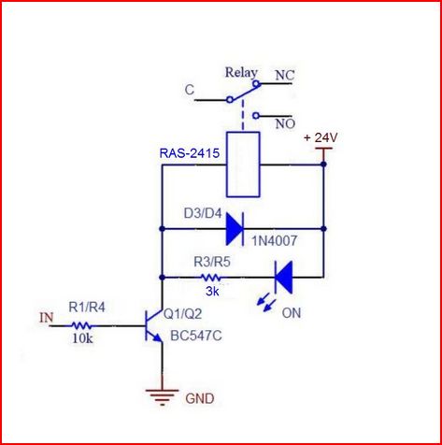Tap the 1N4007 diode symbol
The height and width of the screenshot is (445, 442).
(x=235, y=229)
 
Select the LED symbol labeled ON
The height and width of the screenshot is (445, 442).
(x=283, y=278)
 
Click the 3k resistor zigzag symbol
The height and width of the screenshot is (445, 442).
(x=211, y=277)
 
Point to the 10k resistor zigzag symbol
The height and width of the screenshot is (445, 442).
(x=81, y=326)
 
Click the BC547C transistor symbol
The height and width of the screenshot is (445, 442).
(x=153, y=325)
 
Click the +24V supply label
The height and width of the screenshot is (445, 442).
(x=321, y=137)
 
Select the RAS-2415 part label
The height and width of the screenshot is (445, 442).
(x=190, y=153)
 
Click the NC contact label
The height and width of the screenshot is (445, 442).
(x=285, y=76)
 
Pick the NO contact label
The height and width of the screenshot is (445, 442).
(x=285, y=124)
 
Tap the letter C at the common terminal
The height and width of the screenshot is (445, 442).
(x=190, y=90)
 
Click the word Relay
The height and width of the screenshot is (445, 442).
(x=241, y=73)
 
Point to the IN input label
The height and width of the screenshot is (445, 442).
(x=47, y=317)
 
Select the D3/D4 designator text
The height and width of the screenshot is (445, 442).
(x=203, y=214)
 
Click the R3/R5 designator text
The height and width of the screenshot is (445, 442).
(x=212, y=262)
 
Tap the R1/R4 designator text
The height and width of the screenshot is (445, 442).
(x=87, y=308)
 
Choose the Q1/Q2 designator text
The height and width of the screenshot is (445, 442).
(x=183, y=314)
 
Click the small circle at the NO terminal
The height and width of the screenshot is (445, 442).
(x=256, y=116)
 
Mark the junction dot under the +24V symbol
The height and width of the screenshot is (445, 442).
(x=323, y=164)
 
